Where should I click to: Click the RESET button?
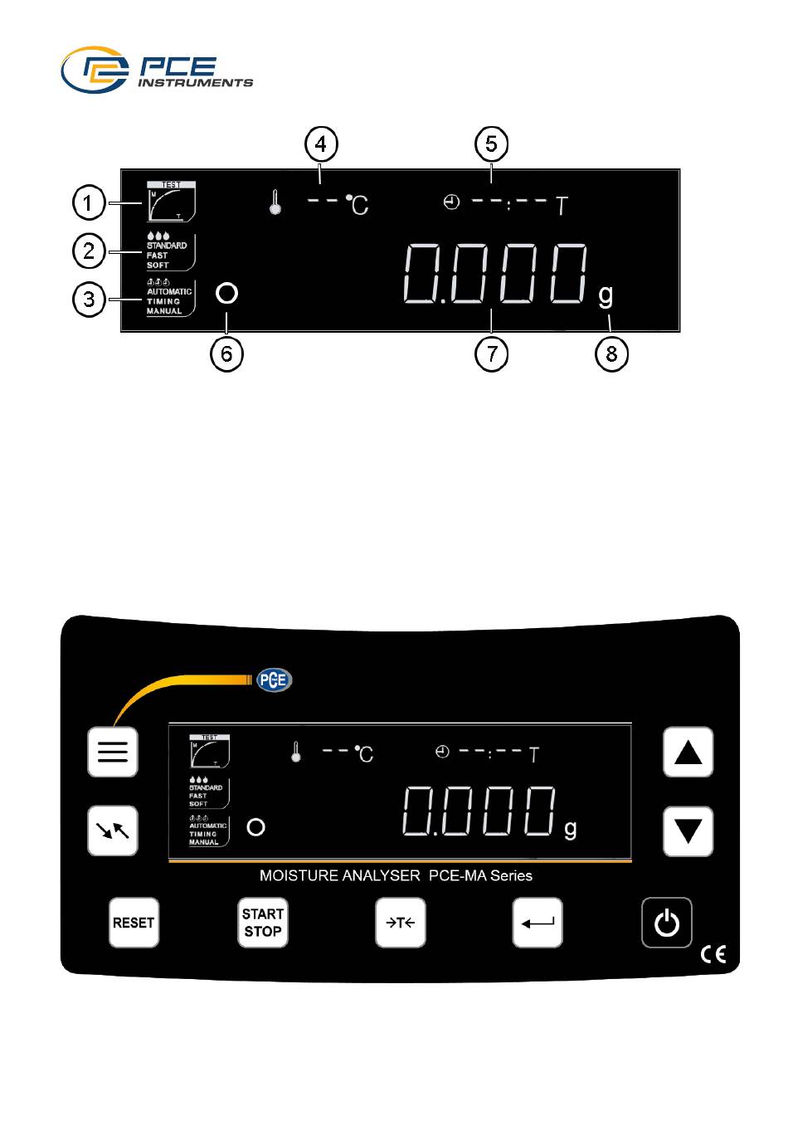[x=134, y=923]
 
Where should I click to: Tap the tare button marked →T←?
[x=400, y=923]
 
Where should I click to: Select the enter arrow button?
[x=537, y=923]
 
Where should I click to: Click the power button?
[x=666, y=923]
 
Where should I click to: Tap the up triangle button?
[x=688, y=752]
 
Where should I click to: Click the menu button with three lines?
[x=113, y=752]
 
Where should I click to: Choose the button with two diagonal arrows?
[x=113, y=831]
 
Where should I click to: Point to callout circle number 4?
[x=321, y=144]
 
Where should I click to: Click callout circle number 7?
[x=491, y=353]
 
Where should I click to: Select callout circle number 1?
[x=89, y=202]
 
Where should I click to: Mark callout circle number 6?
[x=227, y=353]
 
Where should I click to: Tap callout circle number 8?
[x=611, y=353]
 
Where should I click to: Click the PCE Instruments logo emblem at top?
[x=95, y=70]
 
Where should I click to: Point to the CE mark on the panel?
[x=713, y=954]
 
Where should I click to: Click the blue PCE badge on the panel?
[x=274, y=680]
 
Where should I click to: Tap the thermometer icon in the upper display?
[x=275, y=202]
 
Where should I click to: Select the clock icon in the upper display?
[x=451, y=202]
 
